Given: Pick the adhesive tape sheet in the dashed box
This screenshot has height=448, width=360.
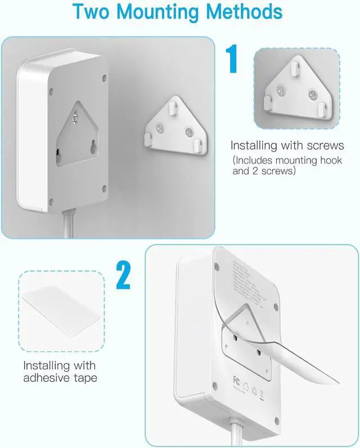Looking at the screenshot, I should (61, 313).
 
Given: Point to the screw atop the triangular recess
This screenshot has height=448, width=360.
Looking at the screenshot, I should (75, 116).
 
